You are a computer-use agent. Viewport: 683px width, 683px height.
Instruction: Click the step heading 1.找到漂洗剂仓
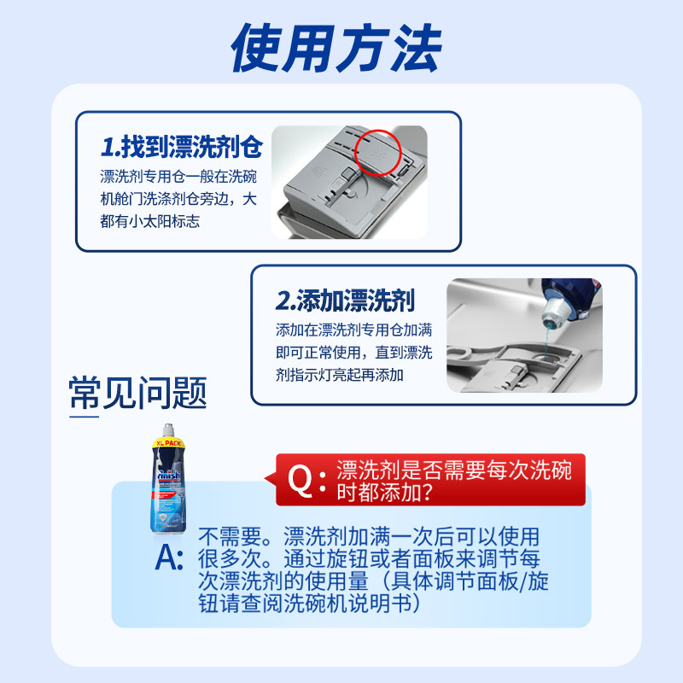[x=181, y=148]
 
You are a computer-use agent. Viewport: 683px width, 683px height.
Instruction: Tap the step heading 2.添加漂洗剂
[x=345, y=301]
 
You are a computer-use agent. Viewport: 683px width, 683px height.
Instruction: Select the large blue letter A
[x=170, y=558]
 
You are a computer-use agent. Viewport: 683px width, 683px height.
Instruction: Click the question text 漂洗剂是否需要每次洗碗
[x=454, y=469]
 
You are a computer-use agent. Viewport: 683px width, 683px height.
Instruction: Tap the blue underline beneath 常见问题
[x=84, y=416]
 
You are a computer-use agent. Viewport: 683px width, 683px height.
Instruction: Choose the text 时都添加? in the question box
[x=384, y=493]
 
